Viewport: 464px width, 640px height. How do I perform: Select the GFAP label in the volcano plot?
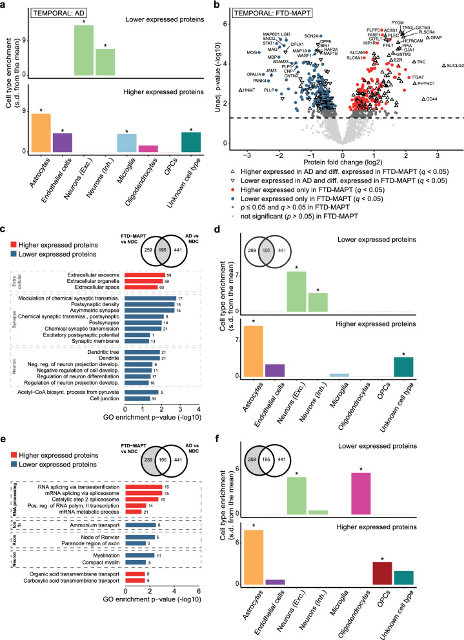coord(437,38)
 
